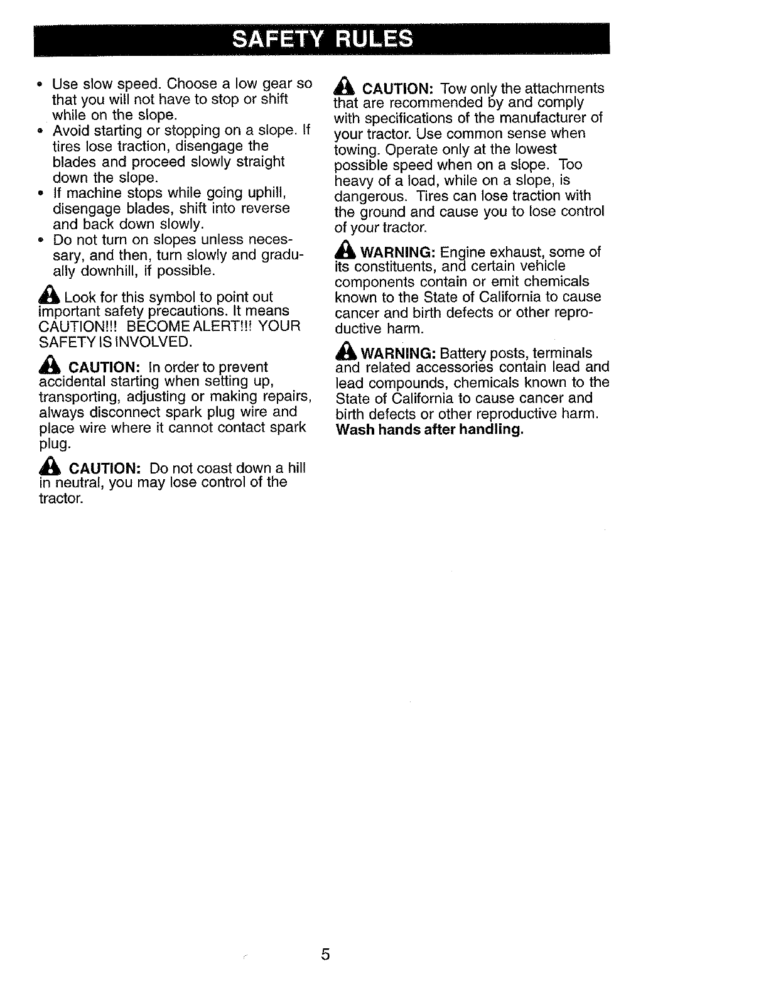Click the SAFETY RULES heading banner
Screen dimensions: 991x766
click(323, 39)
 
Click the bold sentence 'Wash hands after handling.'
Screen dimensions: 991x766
click(429, 430)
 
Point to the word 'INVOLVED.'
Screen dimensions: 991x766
click(158, 342)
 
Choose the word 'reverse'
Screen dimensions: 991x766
click(266, 208)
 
